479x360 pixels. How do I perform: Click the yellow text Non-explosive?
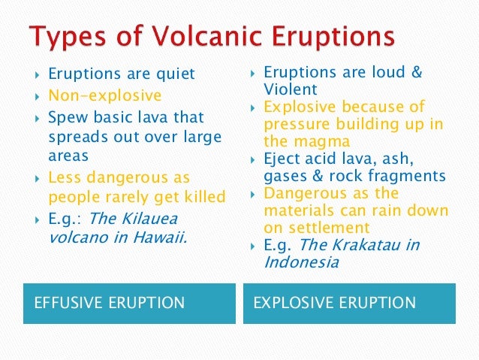(104, 96)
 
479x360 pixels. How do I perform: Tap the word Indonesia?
(301, 262)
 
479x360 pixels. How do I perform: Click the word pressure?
(294, 123)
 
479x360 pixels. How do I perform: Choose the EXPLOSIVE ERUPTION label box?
(349, 303)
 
